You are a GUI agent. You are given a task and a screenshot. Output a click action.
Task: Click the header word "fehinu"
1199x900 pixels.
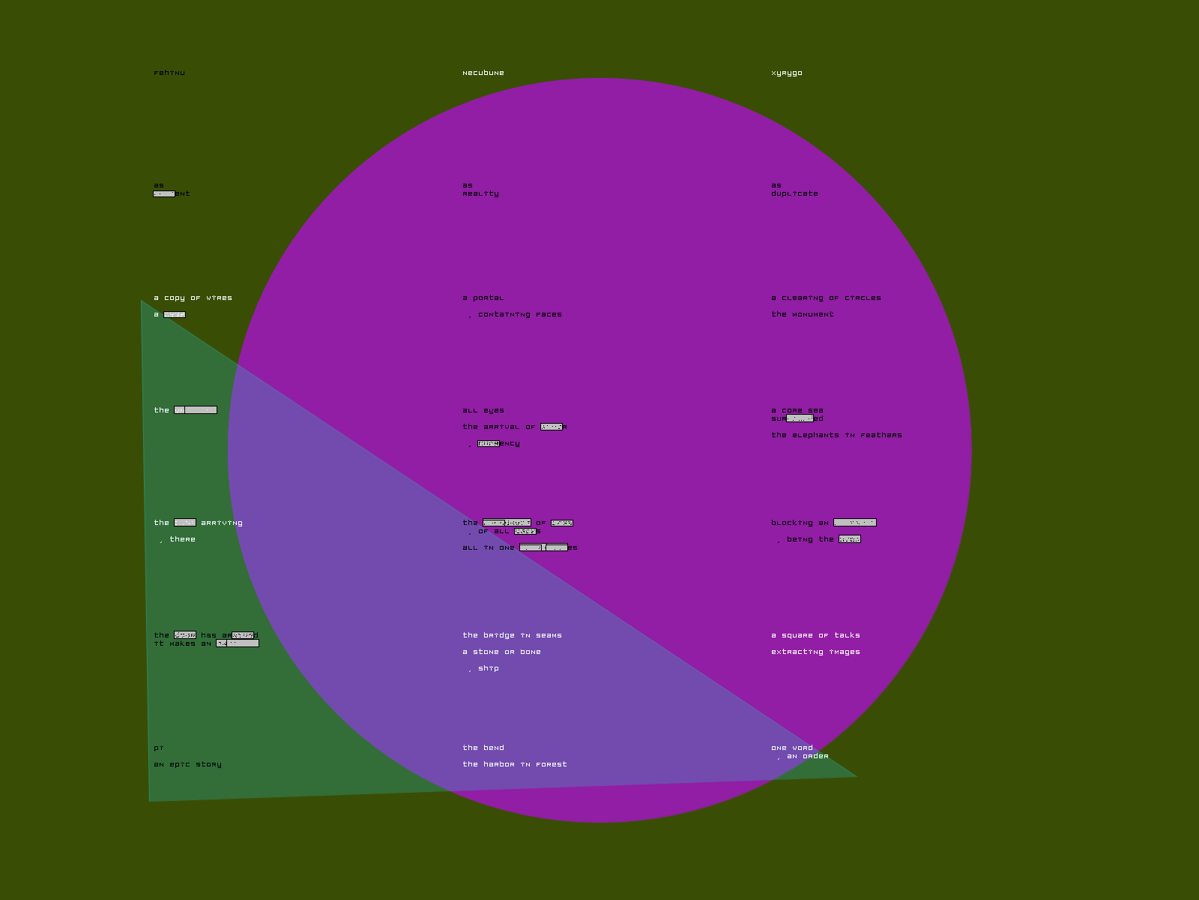[x=169, y=73]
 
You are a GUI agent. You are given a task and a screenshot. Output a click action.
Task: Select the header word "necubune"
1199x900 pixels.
[x=483, y=73]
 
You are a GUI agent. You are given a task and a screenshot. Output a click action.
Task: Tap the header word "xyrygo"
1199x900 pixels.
[x=787, y=73]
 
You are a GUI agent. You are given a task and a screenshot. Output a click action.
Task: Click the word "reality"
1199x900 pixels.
[x=480, y=194]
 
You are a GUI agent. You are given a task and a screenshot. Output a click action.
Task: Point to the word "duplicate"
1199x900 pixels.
[x=794, y=194]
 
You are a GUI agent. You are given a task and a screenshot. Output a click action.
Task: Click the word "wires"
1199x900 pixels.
[x=220, y=298]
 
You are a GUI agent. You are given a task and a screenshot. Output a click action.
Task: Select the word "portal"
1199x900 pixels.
[x=489, y=298]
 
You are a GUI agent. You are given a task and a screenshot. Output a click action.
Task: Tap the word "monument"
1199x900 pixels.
[x=813, y=315]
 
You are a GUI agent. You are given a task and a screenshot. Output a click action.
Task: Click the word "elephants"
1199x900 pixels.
[x=816, y=436]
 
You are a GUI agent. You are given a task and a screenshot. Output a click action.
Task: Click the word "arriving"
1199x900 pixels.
[x=222, y=523]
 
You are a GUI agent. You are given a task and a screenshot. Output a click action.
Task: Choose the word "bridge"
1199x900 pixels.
[x=499, y=636]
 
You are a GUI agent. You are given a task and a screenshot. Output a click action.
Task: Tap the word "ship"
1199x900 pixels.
[x=489, y=669]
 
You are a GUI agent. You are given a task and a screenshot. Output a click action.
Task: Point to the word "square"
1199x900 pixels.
[x=797, y=636]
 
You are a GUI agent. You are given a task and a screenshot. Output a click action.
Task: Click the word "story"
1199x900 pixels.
[x=209, y=765]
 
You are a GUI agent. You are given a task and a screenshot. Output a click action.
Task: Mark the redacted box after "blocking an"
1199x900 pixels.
[x=855, y=523]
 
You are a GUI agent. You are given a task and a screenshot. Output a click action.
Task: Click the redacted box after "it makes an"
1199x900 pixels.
[x=238, y=643]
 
